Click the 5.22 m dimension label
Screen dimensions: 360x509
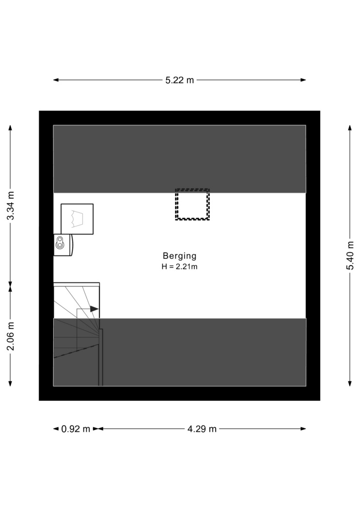point(179,80)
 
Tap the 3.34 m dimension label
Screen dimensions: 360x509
point(11,206)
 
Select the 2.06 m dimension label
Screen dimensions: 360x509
point(11,336)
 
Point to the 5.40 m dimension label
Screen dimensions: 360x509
point(350,255)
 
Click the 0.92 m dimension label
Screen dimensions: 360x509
point(76,429)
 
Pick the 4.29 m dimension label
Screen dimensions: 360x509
point(202,429)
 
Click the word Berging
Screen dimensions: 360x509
point(180,256)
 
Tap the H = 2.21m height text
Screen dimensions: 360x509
point(180,267)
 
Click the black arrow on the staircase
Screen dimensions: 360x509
point(94,309)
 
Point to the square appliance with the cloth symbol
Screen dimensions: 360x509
point(77,219)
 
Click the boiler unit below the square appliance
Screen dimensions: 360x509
point(63,245)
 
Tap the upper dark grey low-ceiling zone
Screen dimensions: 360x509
point(179,159)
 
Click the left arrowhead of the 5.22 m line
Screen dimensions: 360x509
point(56,80)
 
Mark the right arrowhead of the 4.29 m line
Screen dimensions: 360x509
point(303,429)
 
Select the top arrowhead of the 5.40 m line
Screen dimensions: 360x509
point(350,127)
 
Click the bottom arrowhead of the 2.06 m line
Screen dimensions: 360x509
point(10,383)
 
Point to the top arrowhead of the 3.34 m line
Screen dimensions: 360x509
point(10,127)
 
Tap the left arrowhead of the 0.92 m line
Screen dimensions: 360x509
point(56,429)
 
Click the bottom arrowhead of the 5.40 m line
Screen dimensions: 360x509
point(350,383)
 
